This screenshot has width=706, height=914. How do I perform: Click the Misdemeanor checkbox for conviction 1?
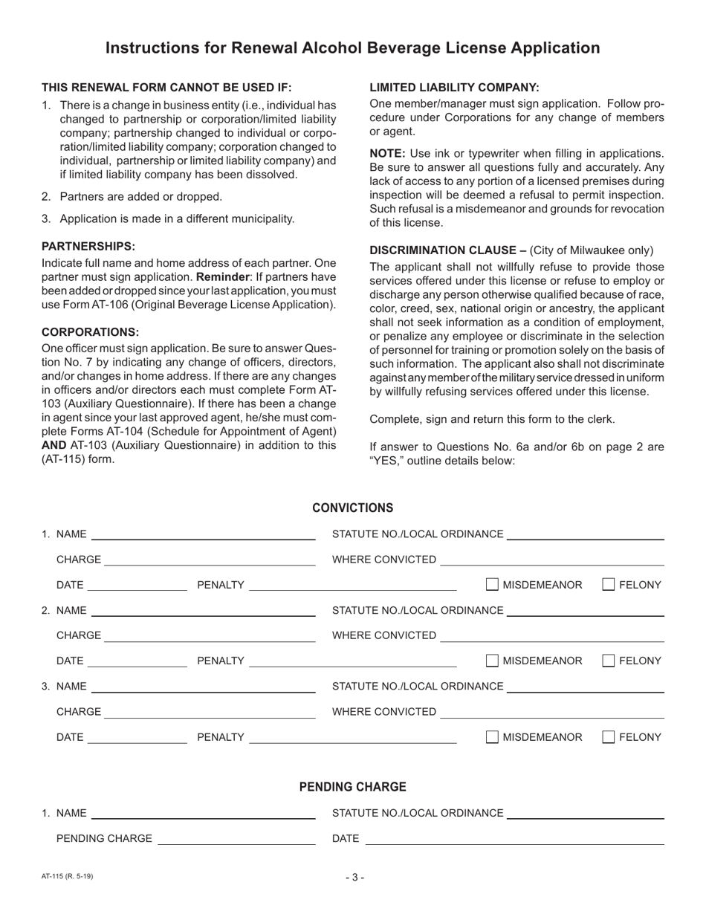tap(493, 585)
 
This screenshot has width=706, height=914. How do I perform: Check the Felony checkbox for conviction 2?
tap(608, 660)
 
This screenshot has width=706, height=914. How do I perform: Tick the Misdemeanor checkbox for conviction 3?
tap(493, 737)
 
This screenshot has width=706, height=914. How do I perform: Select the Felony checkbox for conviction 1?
tap(608, 585)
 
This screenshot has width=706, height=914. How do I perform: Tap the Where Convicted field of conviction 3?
tap(551, 712)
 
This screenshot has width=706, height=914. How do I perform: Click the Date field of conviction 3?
tap(137, 737)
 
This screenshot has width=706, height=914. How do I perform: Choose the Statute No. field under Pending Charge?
tap(584, 813)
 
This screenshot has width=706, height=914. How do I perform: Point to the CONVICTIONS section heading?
tap(352, 508)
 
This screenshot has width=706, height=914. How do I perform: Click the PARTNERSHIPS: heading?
tap(88, 246)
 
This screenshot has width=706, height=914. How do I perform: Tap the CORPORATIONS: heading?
tap(90, 332)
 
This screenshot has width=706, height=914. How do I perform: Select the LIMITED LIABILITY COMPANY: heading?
tap(454, 87)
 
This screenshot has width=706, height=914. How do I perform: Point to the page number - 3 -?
tap(354, 877)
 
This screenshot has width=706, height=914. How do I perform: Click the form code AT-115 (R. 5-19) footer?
tap(68, 876)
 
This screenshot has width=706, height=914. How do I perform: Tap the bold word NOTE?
tap(387, 153)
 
